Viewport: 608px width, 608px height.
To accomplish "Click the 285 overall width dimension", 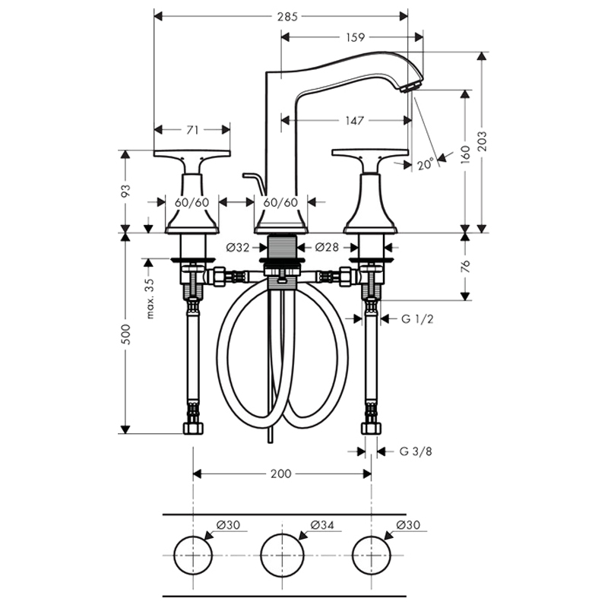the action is tap(287, 16).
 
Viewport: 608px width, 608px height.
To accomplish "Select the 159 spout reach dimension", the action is tap(355, 37).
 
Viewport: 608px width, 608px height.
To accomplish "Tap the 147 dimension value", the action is tap(354, 121).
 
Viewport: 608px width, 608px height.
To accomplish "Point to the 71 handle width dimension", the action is tap(192, 130).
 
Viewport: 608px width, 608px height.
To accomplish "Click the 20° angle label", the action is tap(426, 164).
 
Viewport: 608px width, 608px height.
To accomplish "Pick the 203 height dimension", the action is tap(483, 141).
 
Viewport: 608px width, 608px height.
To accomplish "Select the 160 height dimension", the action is tap(466, 155).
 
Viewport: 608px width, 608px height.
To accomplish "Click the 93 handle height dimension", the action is tap(125, 192).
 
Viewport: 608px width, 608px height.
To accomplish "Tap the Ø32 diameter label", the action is tap(238, 247).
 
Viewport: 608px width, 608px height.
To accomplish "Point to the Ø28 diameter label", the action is tap(327, 246).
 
